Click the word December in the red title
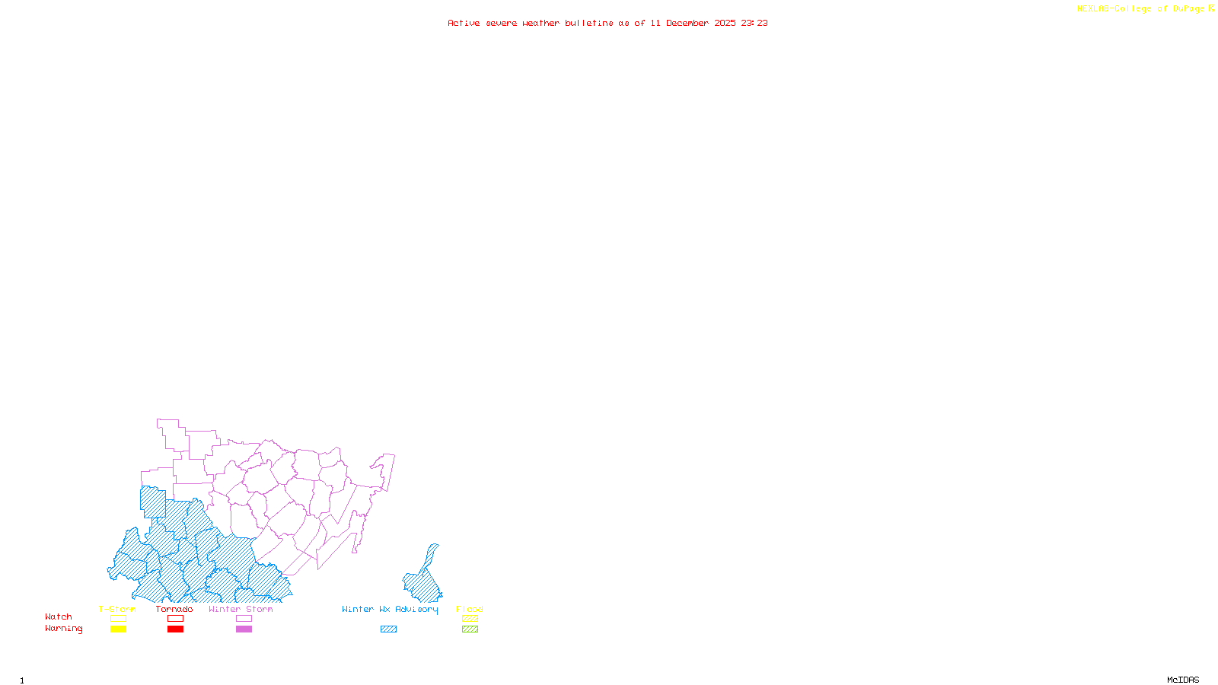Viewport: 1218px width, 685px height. [687, 24]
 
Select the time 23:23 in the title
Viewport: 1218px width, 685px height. [754, 24]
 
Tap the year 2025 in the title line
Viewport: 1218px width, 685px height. [725, 24]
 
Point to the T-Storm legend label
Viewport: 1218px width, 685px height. [117, 609]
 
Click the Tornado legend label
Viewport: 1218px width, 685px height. [174, 609]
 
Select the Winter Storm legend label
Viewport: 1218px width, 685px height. [241, 609]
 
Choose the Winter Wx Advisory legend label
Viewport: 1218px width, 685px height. [390, 609]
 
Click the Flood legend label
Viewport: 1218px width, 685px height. [470, 609]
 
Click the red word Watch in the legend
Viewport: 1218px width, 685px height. [59, 616]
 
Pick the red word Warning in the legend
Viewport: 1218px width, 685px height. [64, 629]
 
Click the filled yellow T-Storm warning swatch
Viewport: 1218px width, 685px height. [118, 629]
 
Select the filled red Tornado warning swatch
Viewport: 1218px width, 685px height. [175, 629]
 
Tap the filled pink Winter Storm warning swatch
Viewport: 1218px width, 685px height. [244, 629]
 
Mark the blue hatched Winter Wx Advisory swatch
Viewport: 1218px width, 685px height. [388, 629]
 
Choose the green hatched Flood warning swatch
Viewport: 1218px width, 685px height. [470, 629]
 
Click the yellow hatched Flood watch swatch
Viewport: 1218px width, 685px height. [470, 619]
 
